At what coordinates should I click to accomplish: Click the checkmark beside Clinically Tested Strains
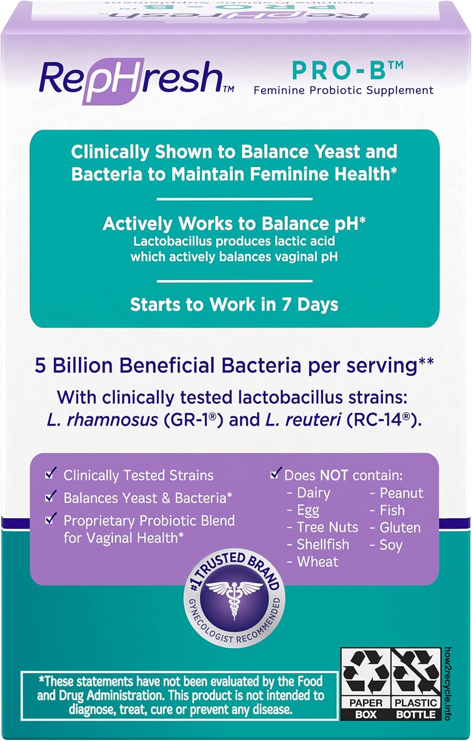50,474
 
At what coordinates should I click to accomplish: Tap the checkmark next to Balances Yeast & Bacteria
50,496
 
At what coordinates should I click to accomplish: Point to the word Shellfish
323,544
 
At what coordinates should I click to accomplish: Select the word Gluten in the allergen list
400,528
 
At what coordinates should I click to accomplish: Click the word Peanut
401,493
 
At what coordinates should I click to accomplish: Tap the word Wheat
318,562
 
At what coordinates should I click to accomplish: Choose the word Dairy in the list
313,493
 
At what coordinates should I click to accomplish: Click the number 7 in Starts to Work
286,304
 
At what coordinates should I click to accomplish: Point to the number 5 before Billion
40,366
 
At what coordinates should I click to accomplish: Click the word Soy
391,545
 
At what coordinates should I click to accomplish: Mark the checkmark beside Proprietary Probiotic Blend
50,519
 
